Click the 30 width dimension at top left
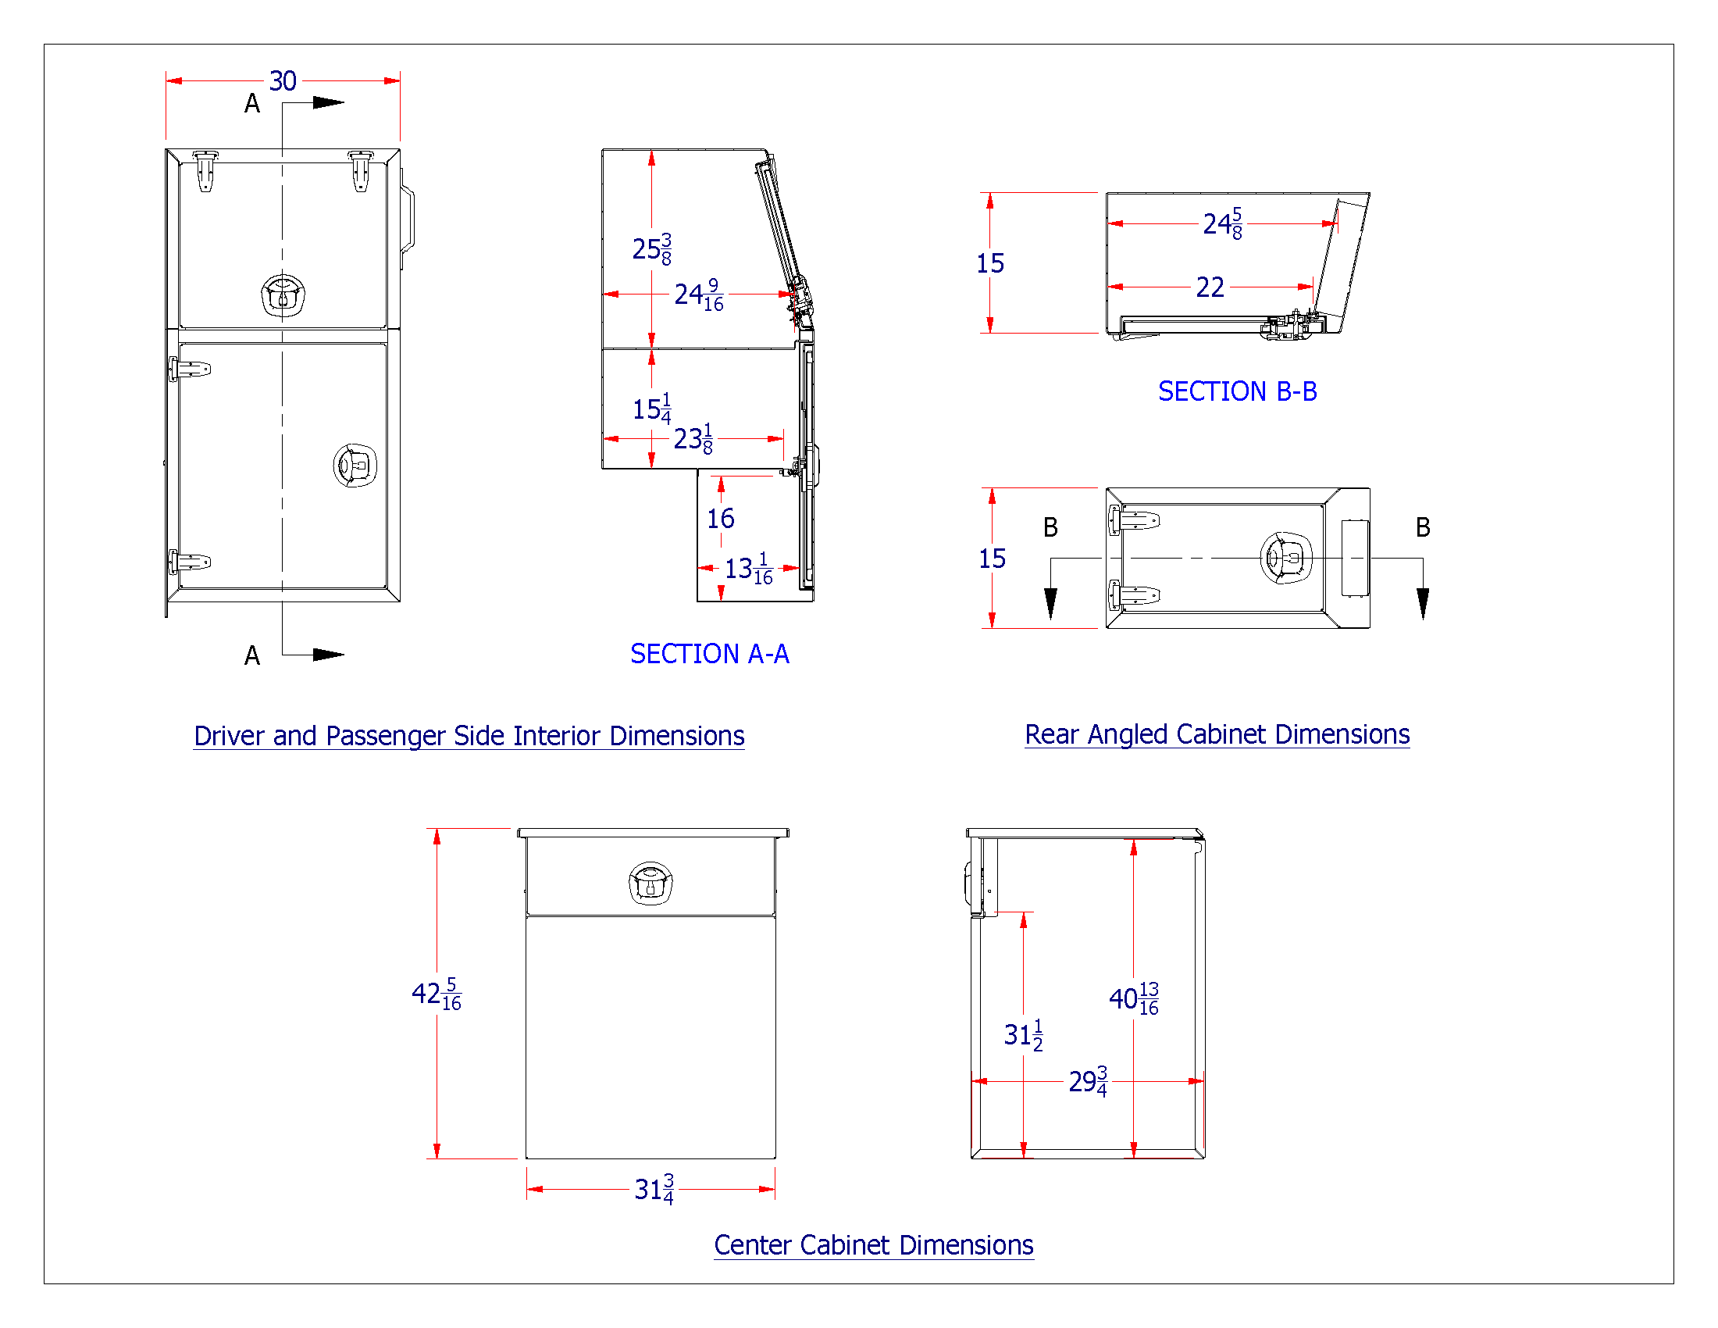tap(283, 80)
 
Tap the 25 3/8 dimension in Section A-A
tap(651, 248)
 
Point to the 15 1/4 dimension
tap(651, 409)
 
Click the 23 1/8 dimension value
tap(693, 438)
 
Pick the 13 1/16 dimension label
tap(748, 568)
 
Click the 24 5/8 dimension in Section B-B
tap(1222, 223)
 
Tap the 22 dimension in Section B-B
tap(1210, 287)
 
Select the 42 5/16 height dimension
tap(436, 994)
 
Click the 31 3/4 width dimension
tap(654, 1189)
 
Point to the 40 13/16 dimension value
tap(1134, 998)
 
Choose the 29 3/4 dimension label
tap(1088, 1082)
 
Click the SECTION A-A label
tap(710, 654)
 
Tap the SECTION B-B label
tap(1238, 391)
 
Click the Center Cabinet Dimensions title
tap(873, 1245)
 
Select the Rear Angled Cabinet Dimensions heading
tap(1217, 734)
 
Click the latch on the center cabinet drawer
tap(650, 883)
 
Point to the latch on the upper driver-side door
tap(283, 295)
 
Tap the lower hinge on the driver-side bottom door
tap(190, 562)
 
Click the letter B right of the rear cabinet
tap(1422, 527)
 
